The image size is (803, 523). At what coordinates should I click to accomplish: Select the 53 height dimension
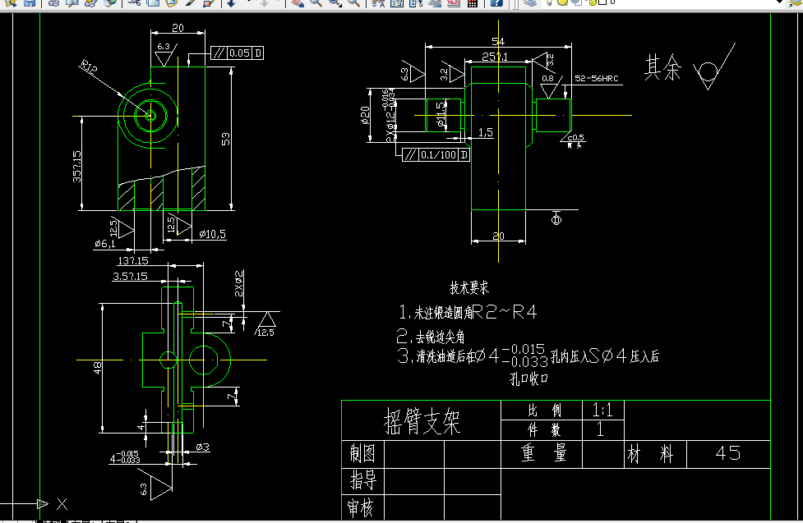tap(225, 139)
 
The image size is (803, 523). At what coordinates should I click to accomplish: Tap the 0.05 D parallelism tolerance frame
tap(238, 53)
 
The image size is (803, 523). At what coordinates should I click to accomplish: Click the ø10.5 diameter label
tap(212, 234)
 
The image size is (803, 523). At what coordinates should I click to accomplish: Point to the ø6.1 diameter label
tap(104, 243)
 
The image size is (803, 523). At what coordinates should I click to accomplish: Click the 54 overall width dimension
tap(497, 42)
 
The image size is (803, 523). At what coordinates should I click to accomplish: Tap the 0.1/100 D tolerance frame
tap(435, 154)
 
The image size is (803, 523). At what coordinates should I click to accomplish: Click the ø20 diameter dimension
tap(366, 116)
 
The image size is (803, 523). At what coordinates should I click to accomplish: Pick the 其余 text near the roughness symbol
tap(662, 68)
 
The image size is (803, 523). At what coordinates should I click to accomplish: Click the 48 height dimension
tap(97, 369)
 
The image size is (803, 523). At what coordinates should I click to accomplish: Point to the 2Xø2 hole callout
tap(239, 282)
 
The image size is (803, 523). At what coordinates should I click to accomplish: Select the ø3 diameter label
tap(203, 447)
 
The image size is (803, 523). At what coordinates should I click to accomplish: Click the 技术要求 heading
tap(469, 288)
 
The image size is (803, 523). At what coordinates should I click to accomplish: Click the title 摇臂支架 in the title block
tap(422, 421)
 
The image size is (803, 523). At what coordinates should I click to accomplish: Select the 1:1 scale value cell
tap(602, 410)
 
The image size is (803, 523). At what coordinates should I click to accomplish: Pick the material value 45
tap(728, 452)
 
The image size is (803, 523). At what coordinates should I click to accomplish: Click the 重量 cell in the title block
tap(543, 453)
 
